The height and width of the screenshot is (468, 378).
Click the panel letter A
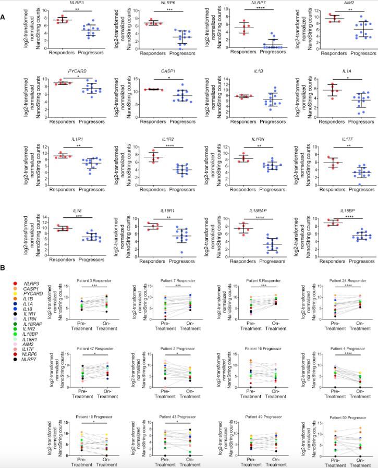[x=4, y=17]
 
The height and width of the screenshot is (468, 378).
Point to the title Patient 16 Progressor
[x=251, y=344]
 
